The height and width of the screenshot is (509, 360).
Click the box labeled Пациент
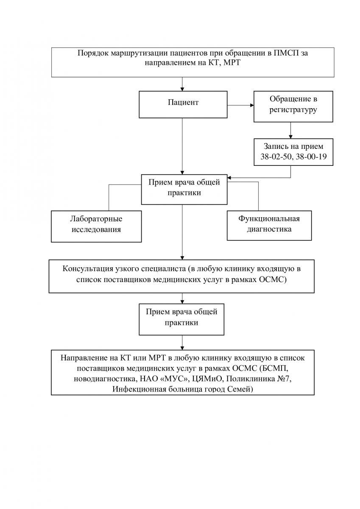pos(183,104)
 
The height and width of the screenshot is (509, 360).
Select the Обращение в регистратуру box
pos(293,106)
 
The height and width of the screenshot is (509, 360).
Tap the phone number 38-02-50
pos(276,157)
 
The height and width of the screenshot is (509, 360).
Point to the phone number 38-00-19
pos(311,157)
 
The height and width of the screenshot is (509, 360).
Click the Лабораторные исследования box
pos(96,227)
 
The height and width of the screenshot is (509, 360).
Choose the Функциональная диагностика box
pos(269,225)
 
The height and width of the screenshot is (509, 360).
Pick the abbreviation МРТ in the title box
pos(232,63)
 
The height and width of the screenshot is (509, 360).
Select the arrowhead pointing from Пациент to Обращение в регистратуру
pos(251,105)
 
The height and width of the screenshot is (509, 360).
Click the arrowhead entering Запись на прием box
pos(290,137)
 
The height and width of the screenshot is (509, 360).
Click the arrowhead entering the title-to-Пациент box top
pos(182,89)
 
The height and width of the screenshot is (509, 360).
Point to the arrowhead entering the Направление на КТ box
pos(182,348)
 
